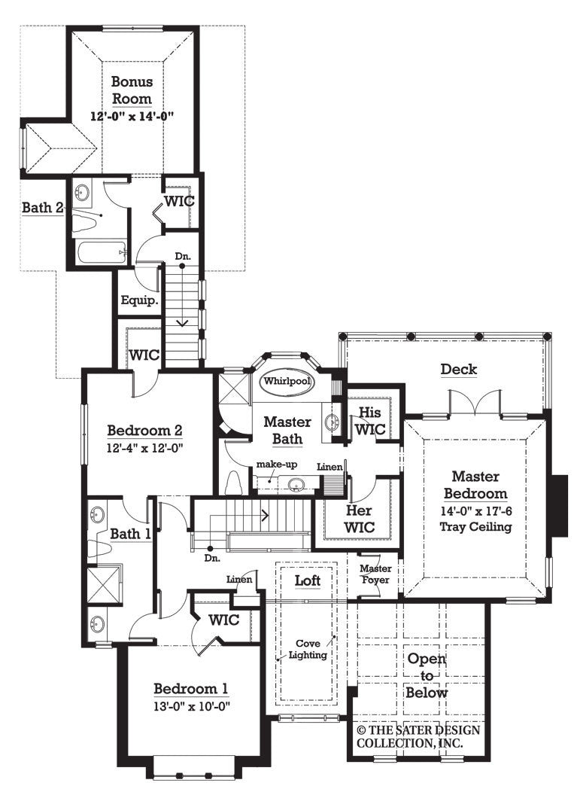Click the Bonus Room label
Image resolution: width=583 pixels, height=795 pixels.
point(132,90)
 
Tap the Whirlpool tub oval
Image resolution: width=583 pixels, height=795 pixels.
point(287,382)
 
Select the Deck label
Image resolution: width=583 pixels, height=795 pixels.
point(458,369)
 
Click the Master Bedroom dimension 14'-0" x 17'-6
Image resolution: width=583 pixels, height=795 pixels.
point(478,511)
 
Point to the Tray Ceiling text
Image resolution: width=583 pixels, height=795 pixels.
point(478,526)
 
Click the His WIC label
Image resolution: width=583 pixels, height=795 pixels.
point(370,421)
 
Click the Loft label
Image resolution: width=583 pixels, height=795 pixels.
point(307,580)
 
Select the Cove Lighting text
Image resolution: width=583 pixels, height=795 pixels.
point(309,648)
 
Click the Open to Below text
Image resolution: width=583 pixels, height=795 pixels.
point(427,676)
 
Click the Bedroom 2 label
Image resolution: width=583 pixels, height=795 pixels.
point(145,431)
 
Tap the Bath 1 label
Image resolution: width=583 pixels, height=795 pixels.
point(131,534)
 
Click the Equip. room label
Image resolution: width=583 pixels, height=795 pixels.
point(138,300)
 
